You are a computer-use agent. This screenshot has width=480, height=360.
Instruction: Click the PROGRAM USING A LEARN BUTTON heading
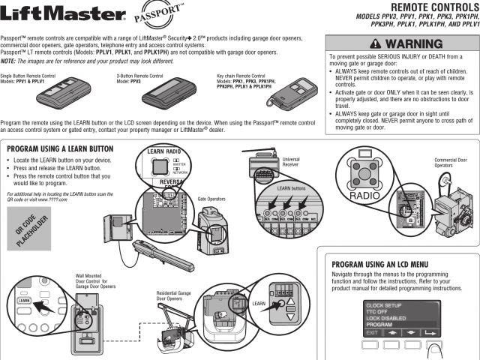point(59,149)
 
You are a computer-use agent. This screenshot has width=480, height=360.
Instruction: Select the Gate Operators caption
point(212,200)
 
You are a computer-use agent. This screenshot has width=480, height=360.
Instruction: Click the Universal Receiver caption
point(292,162)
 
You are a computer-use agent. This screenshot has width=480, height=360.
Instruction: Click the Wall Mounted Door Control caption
point(95,281)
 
